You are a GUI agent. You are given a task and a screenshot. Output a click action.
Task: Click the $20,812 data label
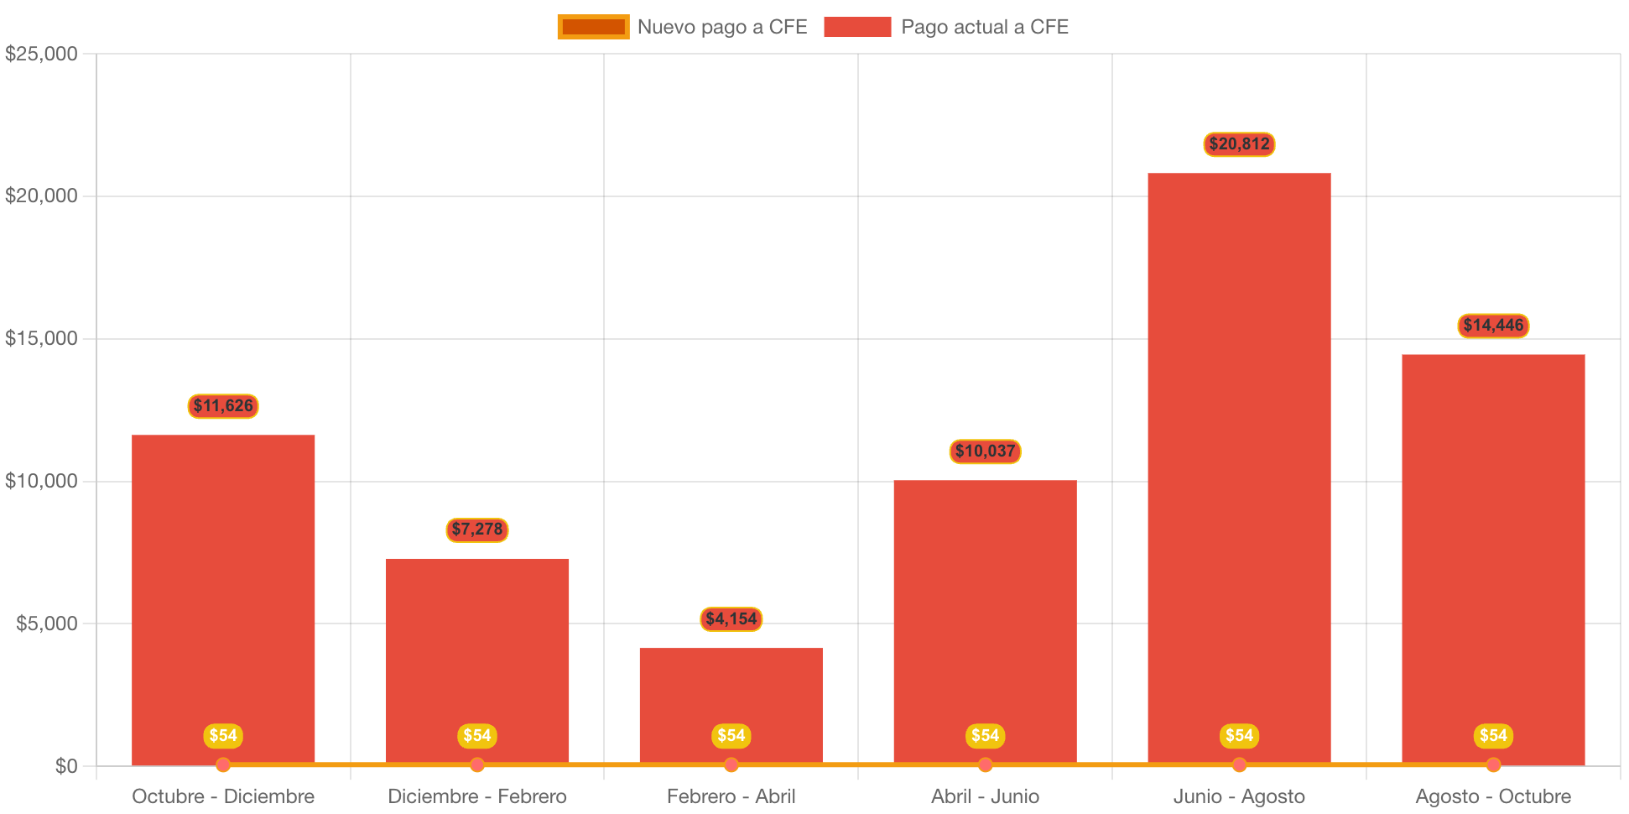[1239, 144]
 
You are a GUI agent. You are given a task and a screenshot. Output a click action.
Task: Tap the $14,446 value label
[1493, 326]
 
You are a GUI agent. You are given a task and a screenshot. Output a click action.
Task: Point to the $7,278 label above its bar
[476, 530]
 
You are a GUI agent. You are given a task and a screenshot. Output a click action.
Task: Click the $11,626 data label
[223, 406]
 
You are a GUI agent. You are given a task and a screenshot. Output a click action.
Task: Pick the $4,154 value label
[731, 619]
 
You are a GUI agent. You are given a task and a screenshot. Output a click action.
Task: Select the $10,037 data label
[985, 451]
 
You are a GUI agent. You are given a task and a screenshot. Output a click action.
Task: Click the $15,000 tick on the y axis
[41, 338]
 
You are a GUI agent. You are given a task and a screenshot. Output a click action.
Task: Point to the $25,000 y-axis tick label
[41, 54]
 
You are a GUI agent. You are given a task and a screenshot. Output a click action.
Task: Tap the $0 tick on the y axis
[65, 765]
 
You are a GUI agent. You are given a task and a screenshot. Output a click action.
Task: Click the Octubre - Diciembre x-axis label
[223, 796]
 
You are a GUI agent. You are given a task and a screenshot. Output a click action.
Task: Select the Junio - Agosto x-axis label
[1239, 796]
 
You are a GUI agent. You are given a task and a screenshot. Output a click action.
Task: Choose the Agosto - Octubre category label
[1493, 796]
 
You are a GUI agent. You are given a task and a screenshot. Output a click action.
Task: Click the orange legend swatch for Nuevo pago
[593, 27]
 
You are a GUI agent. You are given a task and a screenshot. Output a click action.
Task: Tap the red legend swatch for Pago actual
[857, 27]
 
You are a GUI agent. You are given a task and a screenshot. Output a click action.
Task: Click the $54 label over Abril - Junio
[985, 736]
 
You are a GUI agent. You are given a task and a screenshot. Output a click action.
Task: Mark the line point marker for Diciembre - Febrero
[476, 764]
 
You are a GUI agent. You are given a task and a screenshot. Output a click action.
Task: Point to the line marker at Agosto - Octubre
[1493, 764]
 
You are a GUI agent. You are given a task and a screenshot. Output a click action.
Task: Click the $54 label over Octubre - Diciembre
[223, 736]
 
